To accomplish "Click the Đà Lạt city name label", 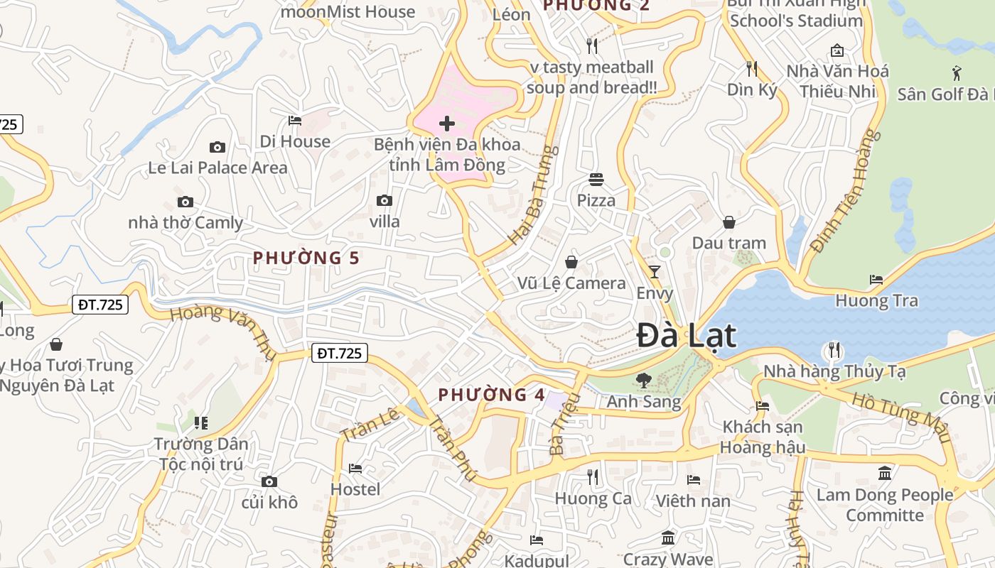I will (686, 335).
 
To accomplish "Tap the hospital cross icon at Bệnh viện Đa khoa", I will (447, 124).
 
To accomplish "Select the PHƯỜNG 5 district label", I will (306, 258).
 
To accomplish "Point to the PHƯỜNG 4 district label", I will (491, 395).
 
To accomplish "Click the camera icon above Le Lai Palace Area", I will (217, 148).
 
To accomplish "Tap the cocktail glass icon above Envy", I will (655, 272).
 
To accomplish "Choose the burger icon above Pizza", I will (596, 180).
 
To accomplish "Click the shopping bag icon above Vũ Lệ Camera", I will (571, 263).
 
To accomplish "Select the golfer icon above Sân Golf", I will (957, 72).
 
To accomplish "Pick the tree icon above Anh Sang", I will (643, 381).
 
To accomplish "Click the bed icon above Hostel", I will (355, 469).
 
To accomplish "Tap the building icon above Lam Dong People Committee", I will (885, 473).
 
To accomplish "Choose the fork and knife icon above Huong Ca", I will (593, 477).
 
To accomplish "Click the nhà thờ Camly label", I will (185, 223).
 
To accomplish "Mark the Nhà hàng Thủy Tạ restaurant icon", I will (834, 350).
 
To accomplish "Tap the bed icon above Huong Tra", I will (876, 280).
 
